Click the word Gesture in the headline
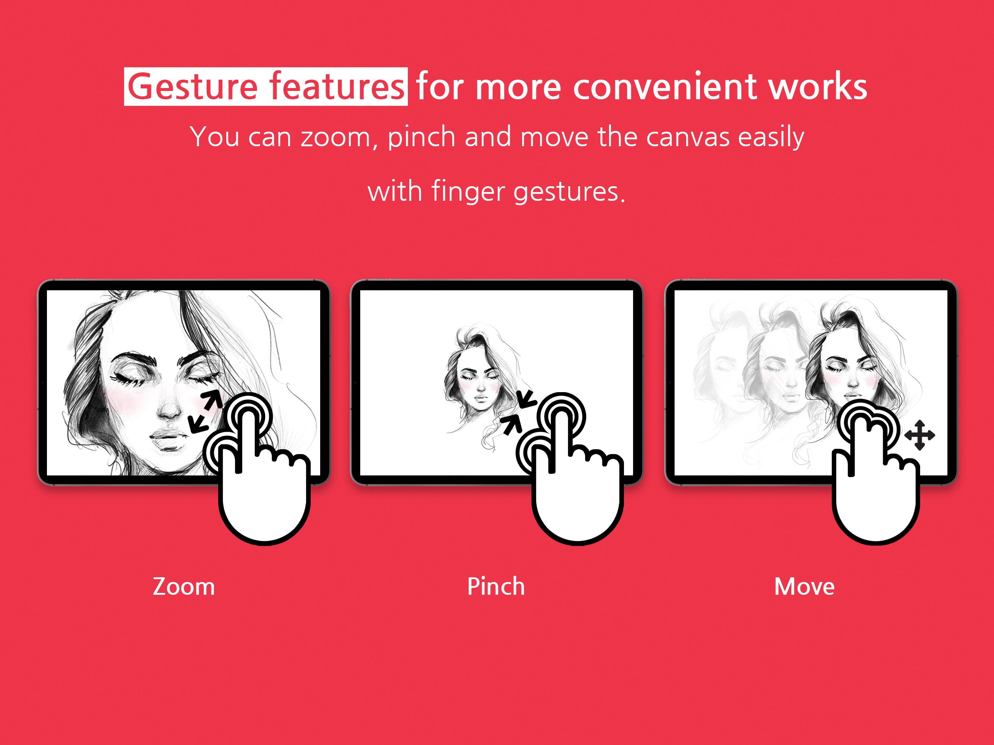193,86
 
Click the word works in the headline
818,86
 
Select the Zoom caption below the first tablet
184,586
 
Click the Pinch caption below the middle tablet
496,586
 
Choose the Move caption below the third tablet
804,586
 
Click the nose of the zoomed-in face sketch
168,405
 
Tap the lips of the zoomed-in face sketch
168,438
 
